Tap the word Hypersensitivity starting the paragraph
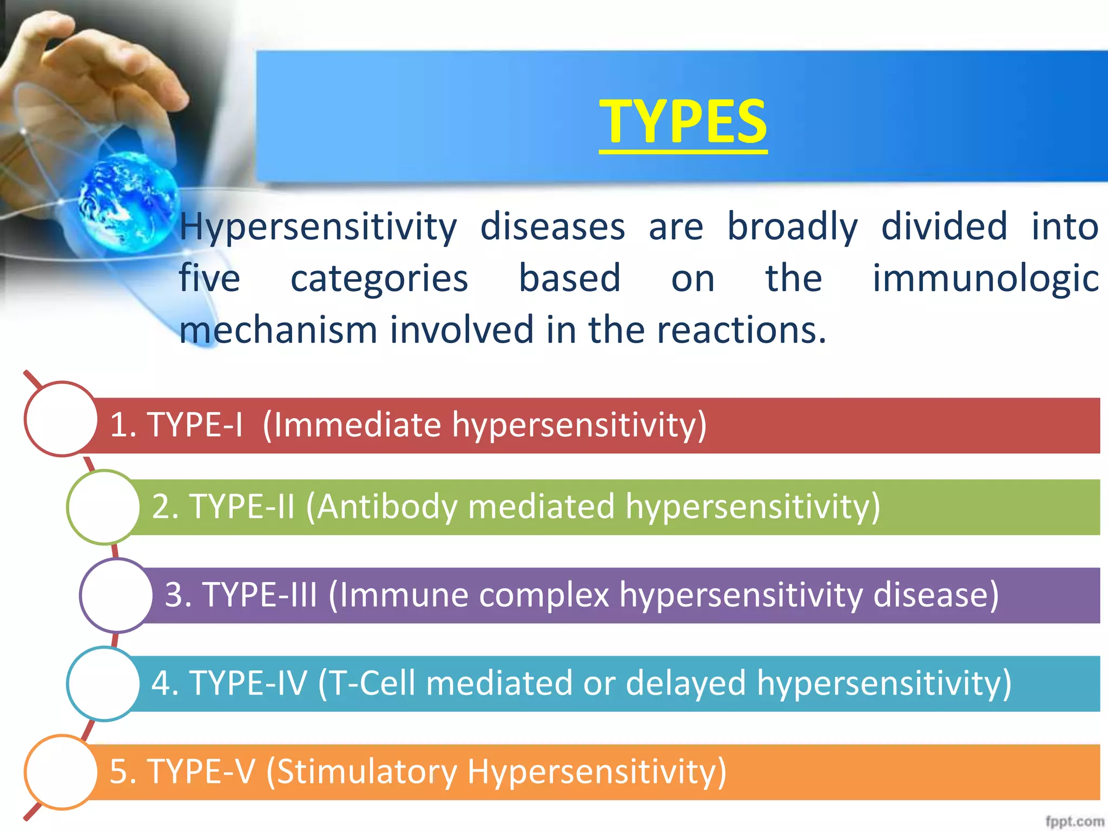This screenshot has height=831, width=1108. pyautogui.click(x=318, y=227)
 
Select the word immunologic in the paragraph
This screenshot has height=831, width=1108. pyautogui.click(x=985, y=278)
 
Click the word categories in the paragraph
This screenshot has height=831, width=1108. pyautogui.click(x=379, y=278)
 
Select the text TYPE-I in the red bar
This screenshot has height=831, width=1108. pyautogui.click(x=195, y=425)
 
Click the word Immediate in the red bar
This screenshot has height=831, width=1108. pyautogui.click(x=357, y=425)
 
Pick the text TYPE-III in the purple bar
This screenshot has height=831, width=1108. pyautogui.click(x=260, y=595)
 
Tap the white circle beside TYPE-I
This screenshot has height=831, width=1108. pyautogui.click(x=61, y=419)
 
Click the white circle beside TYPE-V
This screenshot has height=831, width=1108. pyautogui.click(x=61, y=771)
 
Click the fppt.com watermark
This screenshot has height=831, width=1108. pyautogui.click(x=1074, y=821)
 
